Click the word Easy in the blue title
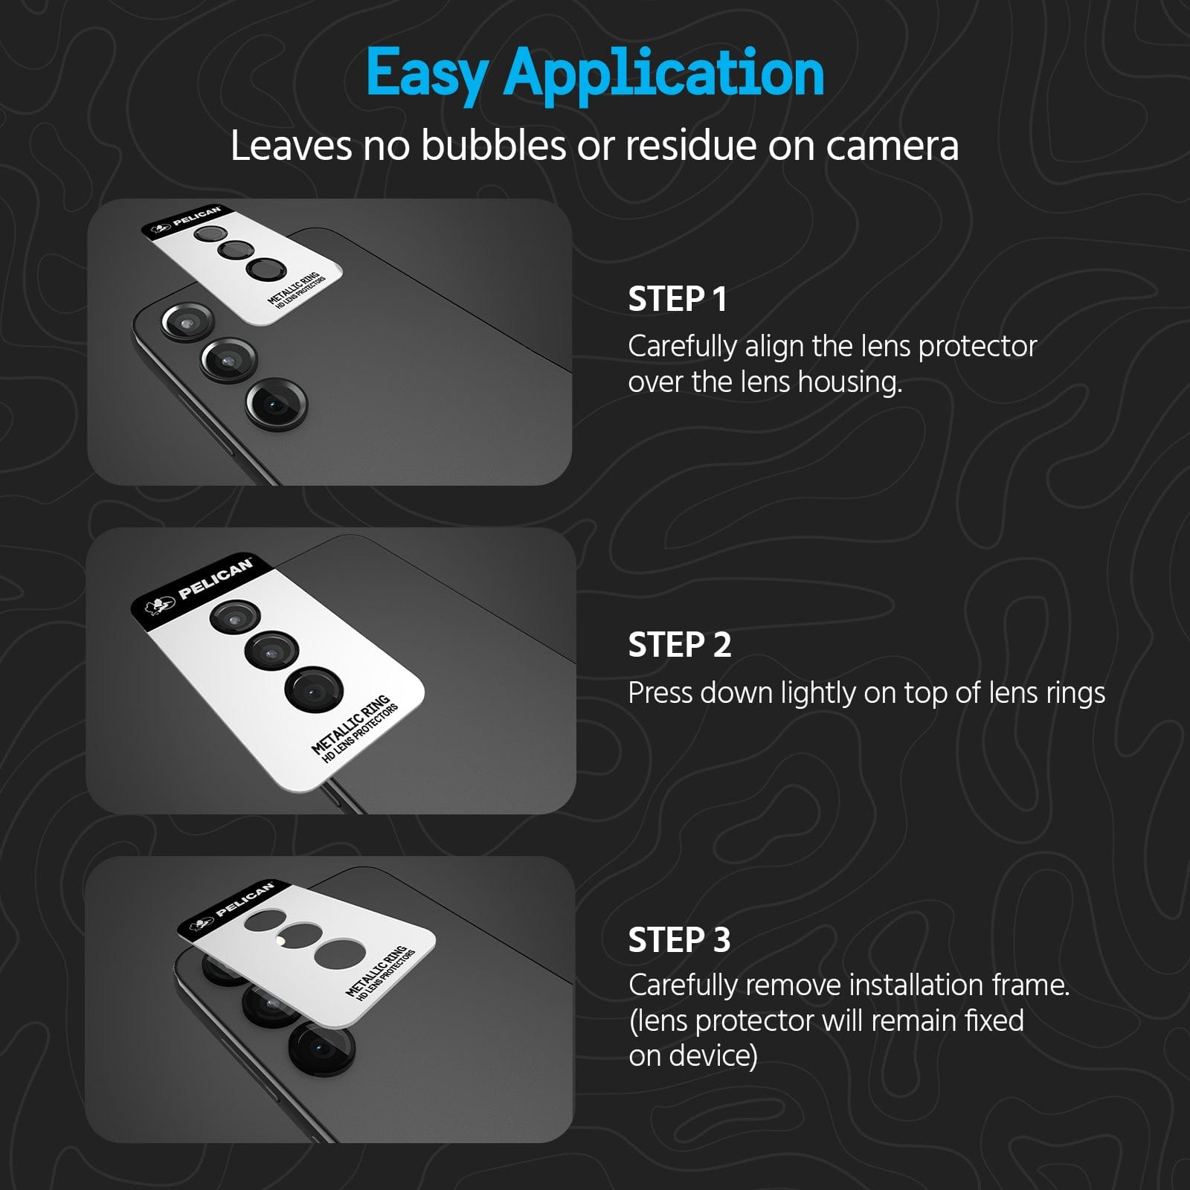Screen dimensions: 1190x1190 pyautogui.click(x=426, y=74)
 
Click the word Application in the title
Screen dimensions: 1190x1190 pyautogui.click(x=664, y=74)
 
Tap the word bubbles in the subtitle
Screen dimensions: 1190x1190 pyautogui.click(x=493, y=146)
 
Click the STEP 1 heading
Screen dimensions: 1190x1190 pyautogui.click(x=678, y=299)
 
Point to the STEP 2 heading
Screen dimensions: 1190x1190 pyautogui.click(x=680, y=645)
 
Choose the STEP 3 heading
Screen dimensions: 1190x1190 pyautogui.click(x=680, y=940)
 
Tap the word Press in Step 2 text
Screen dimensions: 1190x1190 pyautogui.click(x=660, y=693)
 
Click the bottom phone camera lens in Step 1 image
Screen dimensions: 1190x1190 pyautogui.click(x=276, y=405)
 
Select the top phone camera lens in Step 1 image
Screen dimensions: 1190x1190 pyautogui.click(x=187, y=323)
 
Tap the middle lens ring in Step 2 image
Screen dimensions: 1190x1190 pyautogui.click(x=271, y=651)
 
